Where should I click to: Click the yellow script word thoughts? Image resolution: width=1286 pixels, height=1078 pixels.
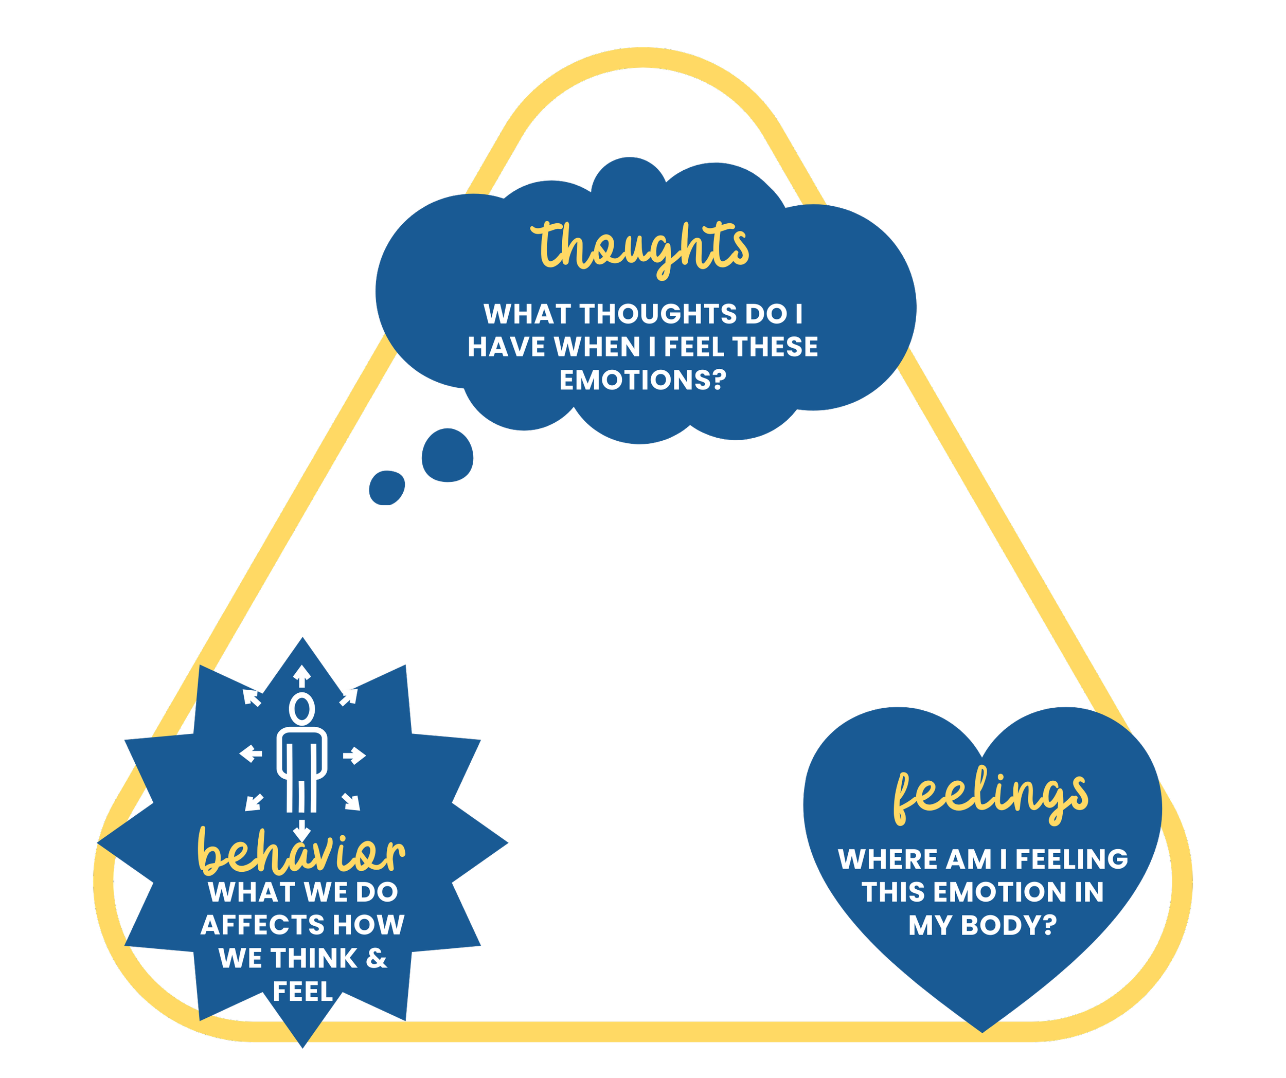click(x=640, y=247)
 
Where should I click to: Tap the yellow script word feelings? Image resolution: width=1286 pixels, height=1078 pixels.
click(x=990, y=794)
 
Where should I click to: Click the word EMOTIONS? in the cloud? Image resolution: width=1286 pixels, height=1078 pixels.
click(x=642, y=380)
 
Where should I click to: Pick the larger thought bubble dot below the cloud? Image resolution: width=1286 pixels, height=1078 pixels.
click(x=448, y=455)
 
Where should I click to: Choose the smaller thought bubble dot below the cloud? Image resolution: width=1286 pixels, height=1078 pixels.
click(x=386, y=487)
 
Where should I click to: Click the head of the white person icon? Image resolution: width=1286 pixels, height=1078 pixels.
click(x=302, y=710)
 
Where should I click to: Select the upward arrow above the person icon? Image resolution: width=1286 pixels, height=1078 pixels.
click(x=302, y=675)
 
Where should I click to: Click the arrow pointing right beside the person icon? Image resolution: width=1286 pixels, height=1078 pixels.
click(x=354, y=756)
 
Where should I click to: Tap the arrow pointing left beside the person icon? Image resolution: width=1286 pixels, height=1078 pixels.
click(x=251, y=753)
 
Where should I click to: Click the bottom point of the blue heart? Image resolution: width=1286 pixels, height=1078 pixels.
click(x=983, y=1031)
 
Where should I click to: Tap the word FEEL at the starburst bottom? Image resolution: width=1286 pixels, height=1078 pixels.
click(x=302, y=992)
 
